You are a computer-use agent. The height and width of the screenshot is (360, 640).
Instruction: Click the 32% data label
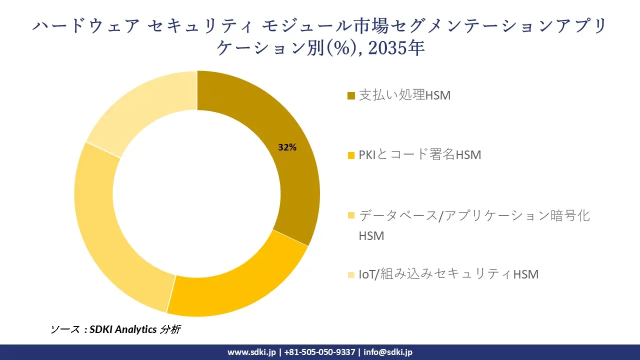(287, 147)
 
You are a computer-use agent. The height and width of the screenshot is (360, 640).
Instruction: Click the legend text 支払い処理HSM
(404, 95)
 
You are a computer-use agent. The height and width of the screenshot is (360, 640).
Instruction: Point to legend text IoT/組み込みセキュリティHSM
(448, 274)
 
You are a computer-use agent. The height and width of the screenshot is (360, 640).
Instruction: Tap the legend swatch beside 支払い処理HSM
(351, 95)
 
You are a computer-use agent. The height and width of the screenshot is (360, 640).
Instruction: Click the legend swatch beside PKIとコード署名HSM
(351, 155)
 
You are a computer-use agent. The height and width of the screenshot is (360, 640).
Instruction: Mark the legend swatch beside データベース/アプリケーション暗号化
(351, 215)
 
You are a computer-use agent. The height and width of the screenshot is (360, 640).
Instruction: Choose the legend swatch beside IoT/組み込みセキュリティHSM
(351, 274)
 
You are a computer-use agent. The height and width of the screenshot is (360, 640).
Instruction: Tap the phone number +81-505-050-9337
(320, 352)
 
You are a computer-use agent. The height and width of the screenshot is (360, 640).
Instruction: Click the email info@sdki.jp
(388, 352)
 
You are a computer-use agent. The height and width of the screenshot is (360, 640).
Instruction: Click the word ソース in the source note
(64, 329)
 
